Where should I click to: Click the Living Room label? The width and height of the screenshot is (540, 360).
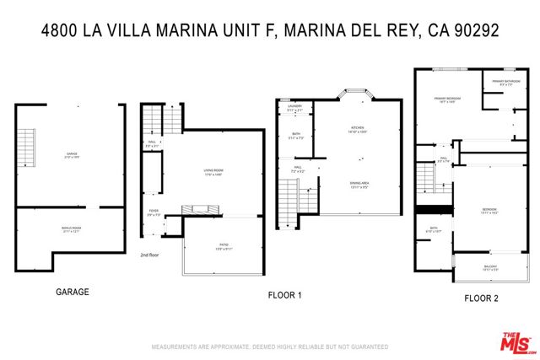[213, 172]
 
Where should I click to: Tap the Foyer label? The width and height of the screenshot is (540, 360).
[154, 214]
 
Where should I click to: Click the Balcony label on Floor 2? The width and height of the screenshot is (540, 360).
[490, 268]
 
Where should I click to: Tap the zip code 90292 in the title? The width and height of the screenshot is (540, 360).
[475, 31]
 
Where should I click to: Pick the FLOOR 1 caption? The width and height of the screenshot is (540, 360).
[285, 295]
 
